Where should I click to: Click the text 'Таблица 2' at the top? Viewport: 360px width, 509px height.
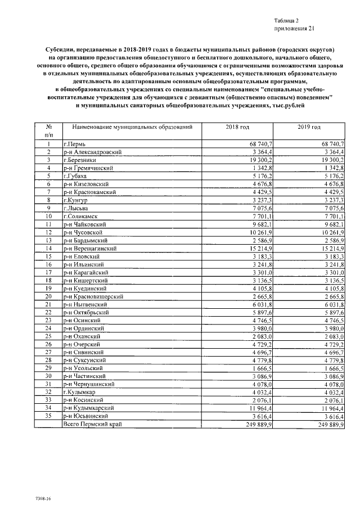click(287, 20)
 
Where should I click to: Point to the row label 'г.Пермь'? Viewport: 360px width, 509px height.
click(74, 145)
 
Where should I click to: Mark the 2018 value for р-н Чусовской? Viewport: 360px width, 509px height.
click(260, 232)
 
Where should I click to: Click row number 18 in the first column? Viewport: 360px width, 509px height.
click(48, 280)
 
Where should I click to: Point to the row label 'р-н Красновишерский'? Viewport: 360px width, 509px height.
click(94, 296)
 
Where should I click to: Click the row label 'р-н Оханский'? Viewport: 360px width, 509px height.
click(82, 335)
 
